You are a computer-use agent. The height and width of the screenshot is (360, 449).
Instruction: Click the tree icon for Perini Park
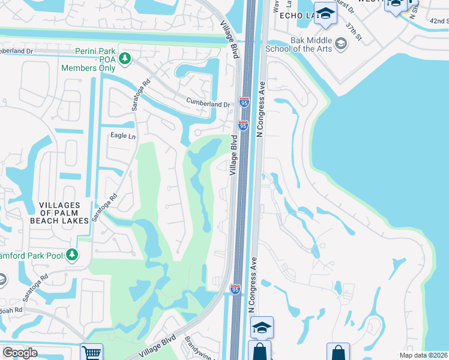tap(125, 58)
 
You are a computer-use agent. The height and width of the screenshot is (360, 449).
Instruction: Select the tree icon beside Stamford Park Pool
tap(72, 255)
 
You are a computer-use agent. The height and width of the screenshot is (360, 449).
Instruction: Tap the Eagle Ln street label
tap(123, 136)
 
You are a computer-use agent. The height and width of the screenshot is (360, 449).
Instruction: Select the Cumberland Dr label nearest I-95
tap(208, 103)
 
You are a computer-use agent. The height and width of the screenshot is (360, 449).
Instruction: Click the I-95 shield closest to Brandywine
tap(235, 289)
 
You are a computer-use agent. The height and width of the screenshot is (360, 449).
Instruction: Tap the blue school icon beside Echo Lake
tap(325, 15)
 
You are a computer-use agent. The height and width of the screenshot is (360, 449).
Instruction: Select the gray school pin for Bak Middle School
tap(340, 43)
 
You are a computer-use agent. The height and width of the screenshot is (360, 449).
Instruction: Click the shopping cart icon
tap(91, 352)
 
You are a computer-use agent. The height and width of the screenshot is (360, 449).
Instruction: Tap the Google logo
tap(20, 353)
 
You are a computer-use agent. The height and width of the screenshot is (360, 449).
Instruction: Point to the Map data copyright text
tap(424, 355)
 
